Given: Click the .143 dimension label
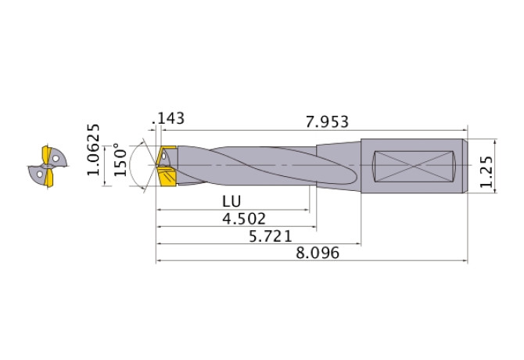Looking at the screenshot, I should [170, 118].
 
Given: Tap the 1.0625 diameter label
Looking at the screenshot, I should [94, 149].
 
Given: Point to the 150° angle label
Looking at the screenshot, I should [120, 160].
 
